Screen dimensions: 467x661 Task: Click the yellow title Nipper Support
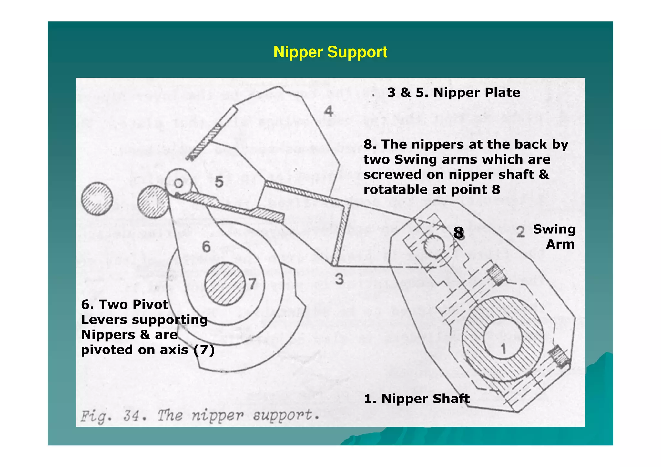[x=330, y=52]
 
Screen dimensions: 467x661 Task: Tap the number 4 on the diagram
[x=328, y=111]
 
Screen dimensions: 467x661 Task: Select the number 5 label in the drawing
[x=219, y=182]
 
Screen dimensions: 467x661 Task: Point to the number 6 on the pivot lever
[x=206, y=247]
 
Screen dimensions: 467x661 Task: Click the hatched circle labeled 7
[x=225, y=284]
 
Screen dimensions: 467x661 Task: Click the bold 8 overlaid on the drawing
[x=458, y=233]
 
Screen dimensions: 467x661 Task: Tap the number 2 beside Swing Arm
[x=520, y=232]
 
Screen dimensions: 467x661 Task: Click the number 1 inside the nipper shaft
[x=503, y=349]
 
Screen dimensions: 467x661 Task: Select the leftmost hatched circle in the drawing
[x=97, y=199]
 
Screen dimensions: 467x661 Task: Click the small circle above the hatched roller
[x=178, y=183]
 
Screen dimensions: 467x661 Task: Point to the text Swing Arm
[x=554, y=237]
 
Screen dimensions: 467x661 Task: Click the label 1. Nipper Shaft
[x=417, y=399]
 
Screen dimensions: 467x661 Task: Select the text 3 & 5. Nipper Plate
[x=453, y=93]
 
